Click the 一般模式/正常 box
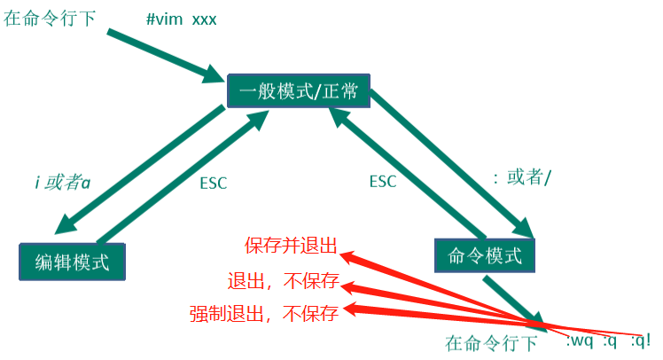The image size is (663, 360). [298, 90]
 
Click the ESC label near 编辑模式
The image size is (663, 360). [213, 184]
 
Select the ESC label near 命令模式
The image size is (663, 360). [383, 182]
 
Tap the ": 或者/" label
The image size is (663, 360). [522, 177]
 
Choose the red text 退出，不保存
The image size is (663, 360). [283, 282]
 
